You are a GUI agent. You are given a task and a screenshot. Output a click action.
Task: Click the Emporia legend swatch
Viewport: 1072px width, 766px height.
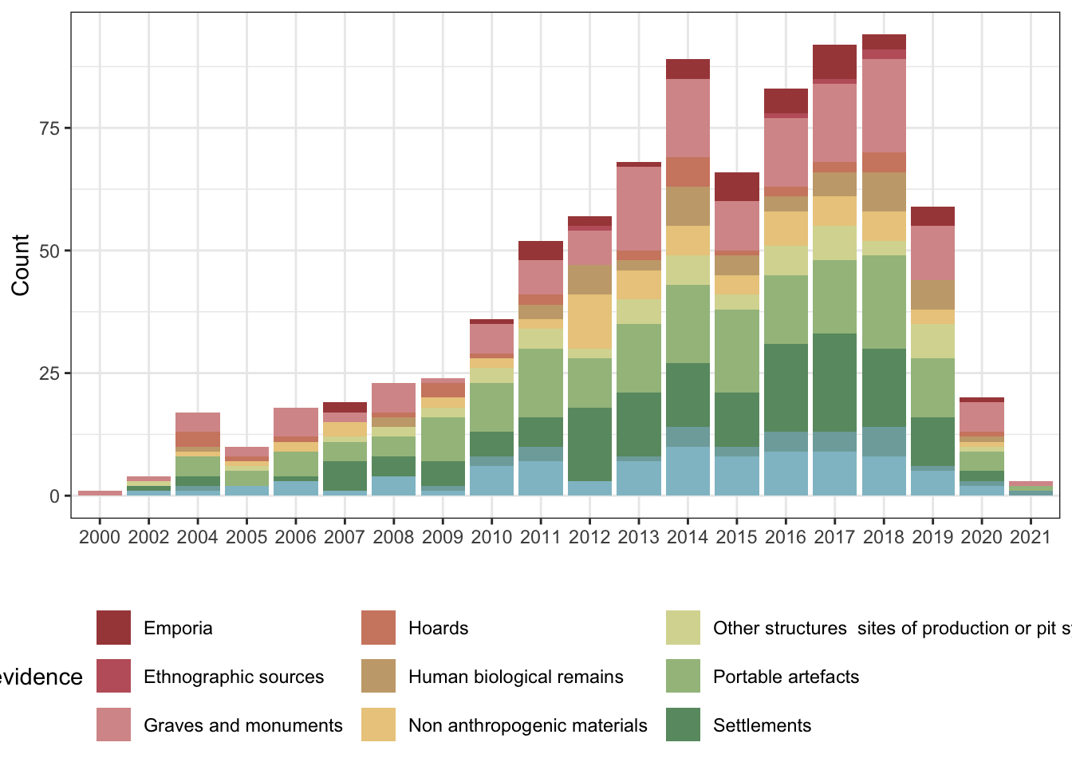[113, 628]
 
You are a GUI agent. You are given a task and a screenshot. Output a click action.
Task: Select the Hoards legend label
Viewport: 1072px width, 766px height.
[438, 628]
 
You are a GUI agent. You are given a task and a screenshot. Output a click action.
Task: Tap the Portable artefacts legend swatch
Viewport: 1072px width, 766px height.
[683, 677]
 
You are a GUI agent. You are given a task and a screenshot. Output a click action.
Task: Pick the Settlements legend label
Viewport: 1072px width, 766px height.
[762, 725]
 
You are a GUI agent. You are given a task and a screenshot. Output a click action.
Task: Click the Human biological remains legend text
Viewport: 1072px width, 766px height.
[515, 677]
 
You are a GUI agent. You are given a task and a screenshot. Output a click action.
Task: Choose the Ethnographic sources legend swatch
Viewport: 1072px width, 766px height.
[113, 677]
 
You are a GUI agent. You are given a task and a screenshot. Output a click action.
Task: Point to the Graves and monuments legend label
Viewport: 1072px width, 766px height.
[242, 725]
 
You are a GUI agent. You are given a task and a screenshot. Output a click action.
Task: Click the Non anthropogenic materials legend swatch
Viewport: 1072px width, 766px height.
[378, 725]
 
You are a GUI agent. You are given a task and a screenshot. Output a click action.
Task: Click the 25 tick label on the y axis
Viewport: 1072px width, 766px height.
[49, 373]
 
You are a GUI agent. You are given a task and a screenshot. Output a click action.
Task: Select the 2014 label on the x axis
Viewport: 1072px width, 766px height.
[688, 537]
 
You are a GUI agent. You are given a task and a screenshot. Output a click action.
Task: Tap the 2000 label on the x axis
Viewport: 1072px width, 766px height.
[100, 537]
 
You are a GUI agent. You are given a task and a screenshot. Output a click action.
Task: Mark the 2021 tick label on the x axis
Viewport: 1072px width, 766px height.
[1031, 537]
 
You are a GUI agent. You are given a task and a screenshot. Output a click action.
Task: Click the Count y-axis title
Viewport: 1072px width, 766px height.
[21, 265]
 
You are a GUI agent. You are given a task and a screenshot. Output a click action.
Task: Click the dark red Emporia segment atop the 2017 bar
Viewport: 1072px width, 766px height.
[834, 61]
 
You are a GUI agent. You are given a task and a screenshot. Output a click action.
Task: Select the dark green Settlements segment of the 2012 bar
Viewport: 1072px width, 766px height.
[589, 444]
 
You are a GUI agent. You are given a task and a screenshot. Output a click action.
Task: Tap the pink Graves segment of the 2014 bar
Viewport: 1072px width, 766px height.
[688, 118]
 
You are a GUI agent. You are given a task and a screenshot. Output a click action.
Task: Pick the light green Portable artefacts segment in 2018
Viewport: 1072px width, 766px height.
[884, 302]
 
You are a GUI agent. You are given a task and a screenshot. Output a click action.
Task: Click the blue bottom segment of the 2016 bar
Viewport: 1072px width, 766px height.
[786, 473]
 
